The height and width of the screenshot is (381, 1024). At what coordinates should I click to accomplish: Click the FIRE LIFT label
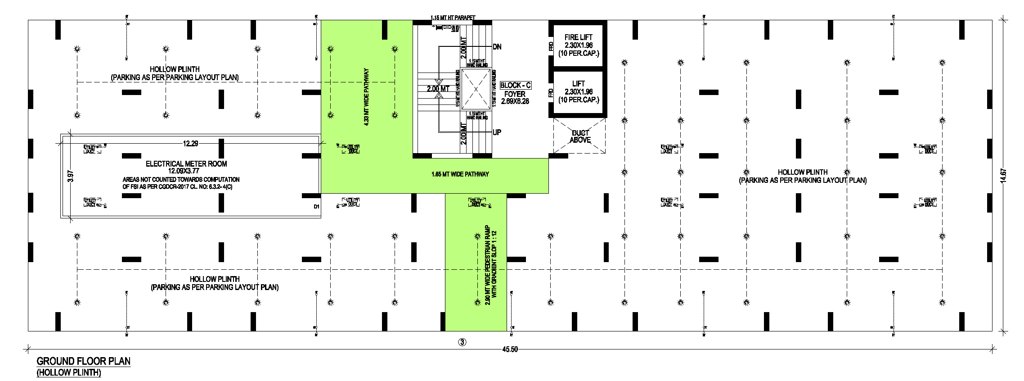(x=578, y=37)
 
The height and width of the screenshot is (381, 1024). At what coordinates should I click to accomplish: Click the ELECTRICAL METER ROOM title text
(x=186, y=164)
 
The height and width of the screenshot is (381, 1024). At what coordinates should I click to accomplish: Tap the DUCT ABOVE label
(x=580, y=136)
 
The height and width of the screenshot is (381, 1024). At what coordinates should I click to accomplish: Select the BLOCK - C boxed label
(x=515, y=85)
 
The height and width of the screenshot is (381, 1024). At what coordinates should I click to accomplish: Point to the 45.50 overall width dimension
(x=510, y=349)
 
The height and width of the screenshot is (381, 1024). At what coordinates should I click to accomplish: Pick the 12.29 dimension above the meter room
(x=190, y=144)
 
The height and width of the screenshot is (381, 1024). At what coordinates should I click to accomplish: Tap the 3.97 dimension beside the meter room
(x=70, y=176)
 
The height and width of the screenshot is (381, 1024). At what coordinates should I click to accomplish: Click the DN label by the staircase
(x=497, y=47)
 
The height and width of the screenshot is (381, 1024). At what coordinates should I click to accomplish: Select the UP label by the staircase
(x=497, y=132)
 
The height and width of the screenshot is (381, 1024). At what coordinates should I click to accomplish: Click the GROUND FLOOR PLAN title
(x=84, y=361)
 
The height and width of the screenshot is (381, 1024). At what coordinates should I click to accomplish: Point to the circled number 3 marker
(x=462, y=342)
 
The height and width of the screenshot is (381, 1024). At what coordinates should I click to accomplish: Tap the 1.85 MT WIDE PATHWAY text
(x=460, y=174)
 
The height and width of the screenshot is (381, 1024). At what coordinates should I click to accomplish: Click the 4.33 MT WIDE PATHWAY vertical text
(x=366, y=97)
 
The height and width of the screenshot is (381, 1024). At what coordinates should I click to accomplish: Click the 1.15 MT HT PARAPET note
(x=453, y=18)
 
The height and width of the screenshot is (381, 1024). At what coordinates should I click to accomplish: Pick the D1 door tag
(x=316, y=207)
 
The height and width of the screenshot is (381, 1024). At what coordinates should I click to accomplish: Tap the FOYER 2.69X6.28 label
(x=515, y=98)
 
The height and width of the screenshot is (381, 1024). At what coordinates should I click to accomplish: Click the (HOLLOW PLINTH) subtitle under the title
(x=69, y=373)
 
